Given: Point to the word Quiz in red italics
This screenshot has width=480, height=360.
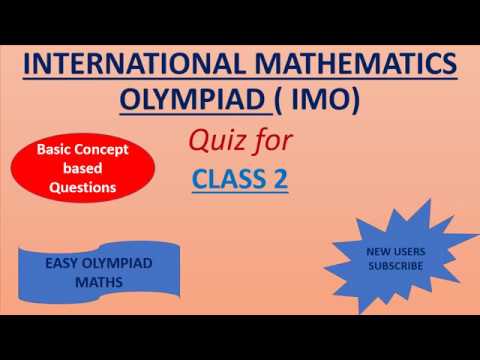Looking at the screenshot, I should coord(215,141).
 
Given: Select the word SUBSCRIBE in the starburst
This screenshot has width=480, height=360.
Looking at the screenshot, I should coord(394,266).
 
